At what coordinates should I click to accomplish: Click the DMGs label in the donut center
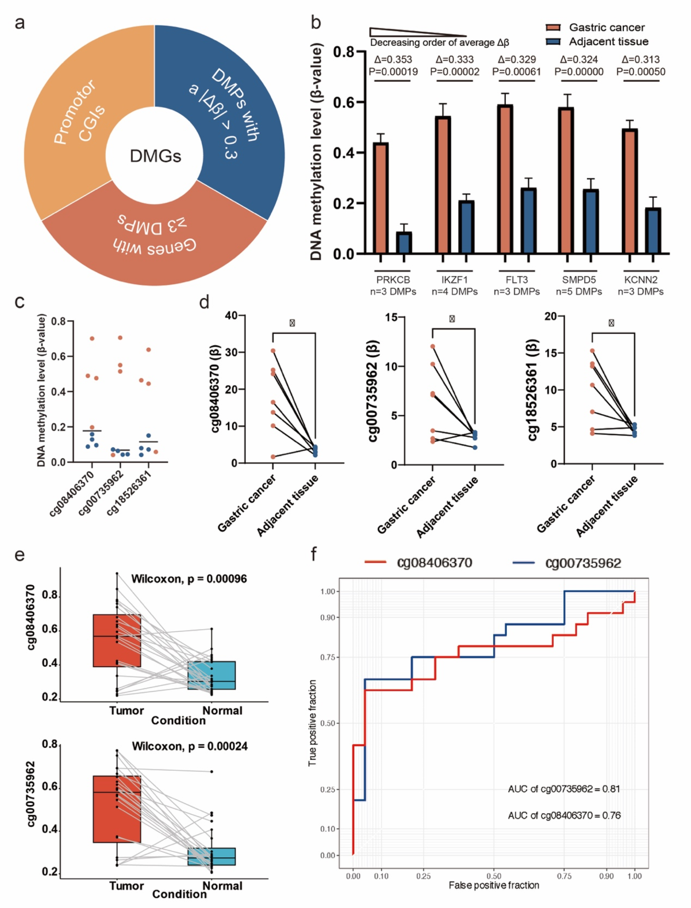tap(155, 156)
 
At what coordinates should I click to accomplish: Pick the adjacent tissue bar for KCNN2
tap(653, 231)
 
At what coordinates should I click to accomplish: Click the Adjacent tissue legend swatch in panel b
tap(553, 41)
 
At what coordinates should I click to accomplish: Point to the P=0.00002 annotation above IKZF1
tap(455, 72)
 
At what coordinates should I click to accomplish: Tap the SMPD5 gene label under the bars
tap(579, 280)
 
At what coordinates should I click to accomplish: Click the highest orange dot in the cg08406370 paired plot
tap(273, 350)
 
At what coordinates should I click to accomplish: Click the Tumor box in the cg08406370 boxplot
tap(117, 641)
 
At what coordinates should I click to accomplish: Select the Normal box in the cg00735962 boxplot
tap(211, 856)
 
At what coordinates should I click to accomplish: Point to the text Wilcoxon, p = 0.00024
tap(190, 746)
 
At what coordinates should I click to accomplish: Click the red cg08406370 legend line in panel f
tap(375, 562)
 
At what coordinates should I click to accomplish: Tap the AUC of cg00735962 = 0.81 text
tap(563, 789)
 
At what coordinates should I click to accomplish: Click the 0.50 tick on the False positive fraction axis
tap(494, 876)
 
